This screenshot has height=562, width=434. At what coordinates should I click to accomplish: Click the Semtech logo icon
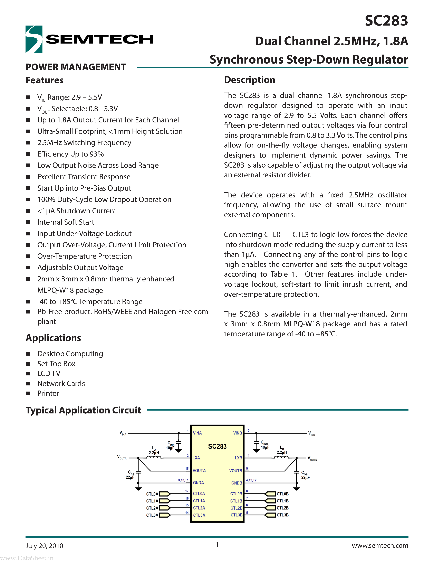[x=34, y=39]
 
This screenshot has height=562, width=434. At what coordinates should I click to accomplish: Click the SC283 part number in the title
[x=386, y=21]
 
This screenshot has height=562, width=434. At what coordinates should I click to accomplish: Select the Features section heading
[x=45, y=80]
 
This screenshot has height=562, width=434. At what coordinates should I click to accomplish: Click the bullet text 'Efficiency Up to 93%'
[x=70, y=154]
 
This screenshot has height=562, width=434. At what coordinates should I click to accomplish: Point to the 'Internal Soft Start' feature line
[x=66, y=222]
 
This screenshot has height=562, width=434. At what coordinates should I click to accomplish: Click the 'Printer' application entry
[x=48, y=393]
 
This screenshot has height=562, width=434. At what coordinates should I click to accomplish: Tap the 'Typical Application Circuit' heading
[x=83, y=410]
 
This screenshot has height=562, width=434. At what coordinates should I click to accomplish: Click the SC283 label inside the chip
[x=217, y=447]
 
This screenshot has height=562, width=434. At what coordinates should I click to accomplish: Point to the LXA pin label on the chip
[x=196, y=458]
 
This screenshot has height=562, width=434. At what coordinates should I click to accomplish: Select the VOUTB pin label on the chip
[x=235, y=471]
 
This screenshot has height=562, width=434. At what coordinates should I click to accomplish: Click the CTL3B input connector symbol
[x=270, y=515]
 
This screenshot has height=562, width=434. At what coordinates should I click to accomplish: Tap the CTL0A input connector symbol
[x=165, y=494]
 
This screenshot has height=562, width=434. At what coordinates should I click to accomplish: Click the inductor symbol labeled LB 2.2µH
[x=281, y=458]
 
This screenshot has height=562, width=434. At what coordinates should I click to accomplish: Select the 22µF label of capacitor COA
[x=130, y=477]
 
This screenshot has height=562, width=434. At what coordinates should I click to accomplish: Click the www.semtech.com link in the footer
[x=380, y=545]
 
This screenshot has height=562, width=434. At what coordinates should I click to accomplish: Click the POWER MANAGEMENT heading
[x=76, y=67]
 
